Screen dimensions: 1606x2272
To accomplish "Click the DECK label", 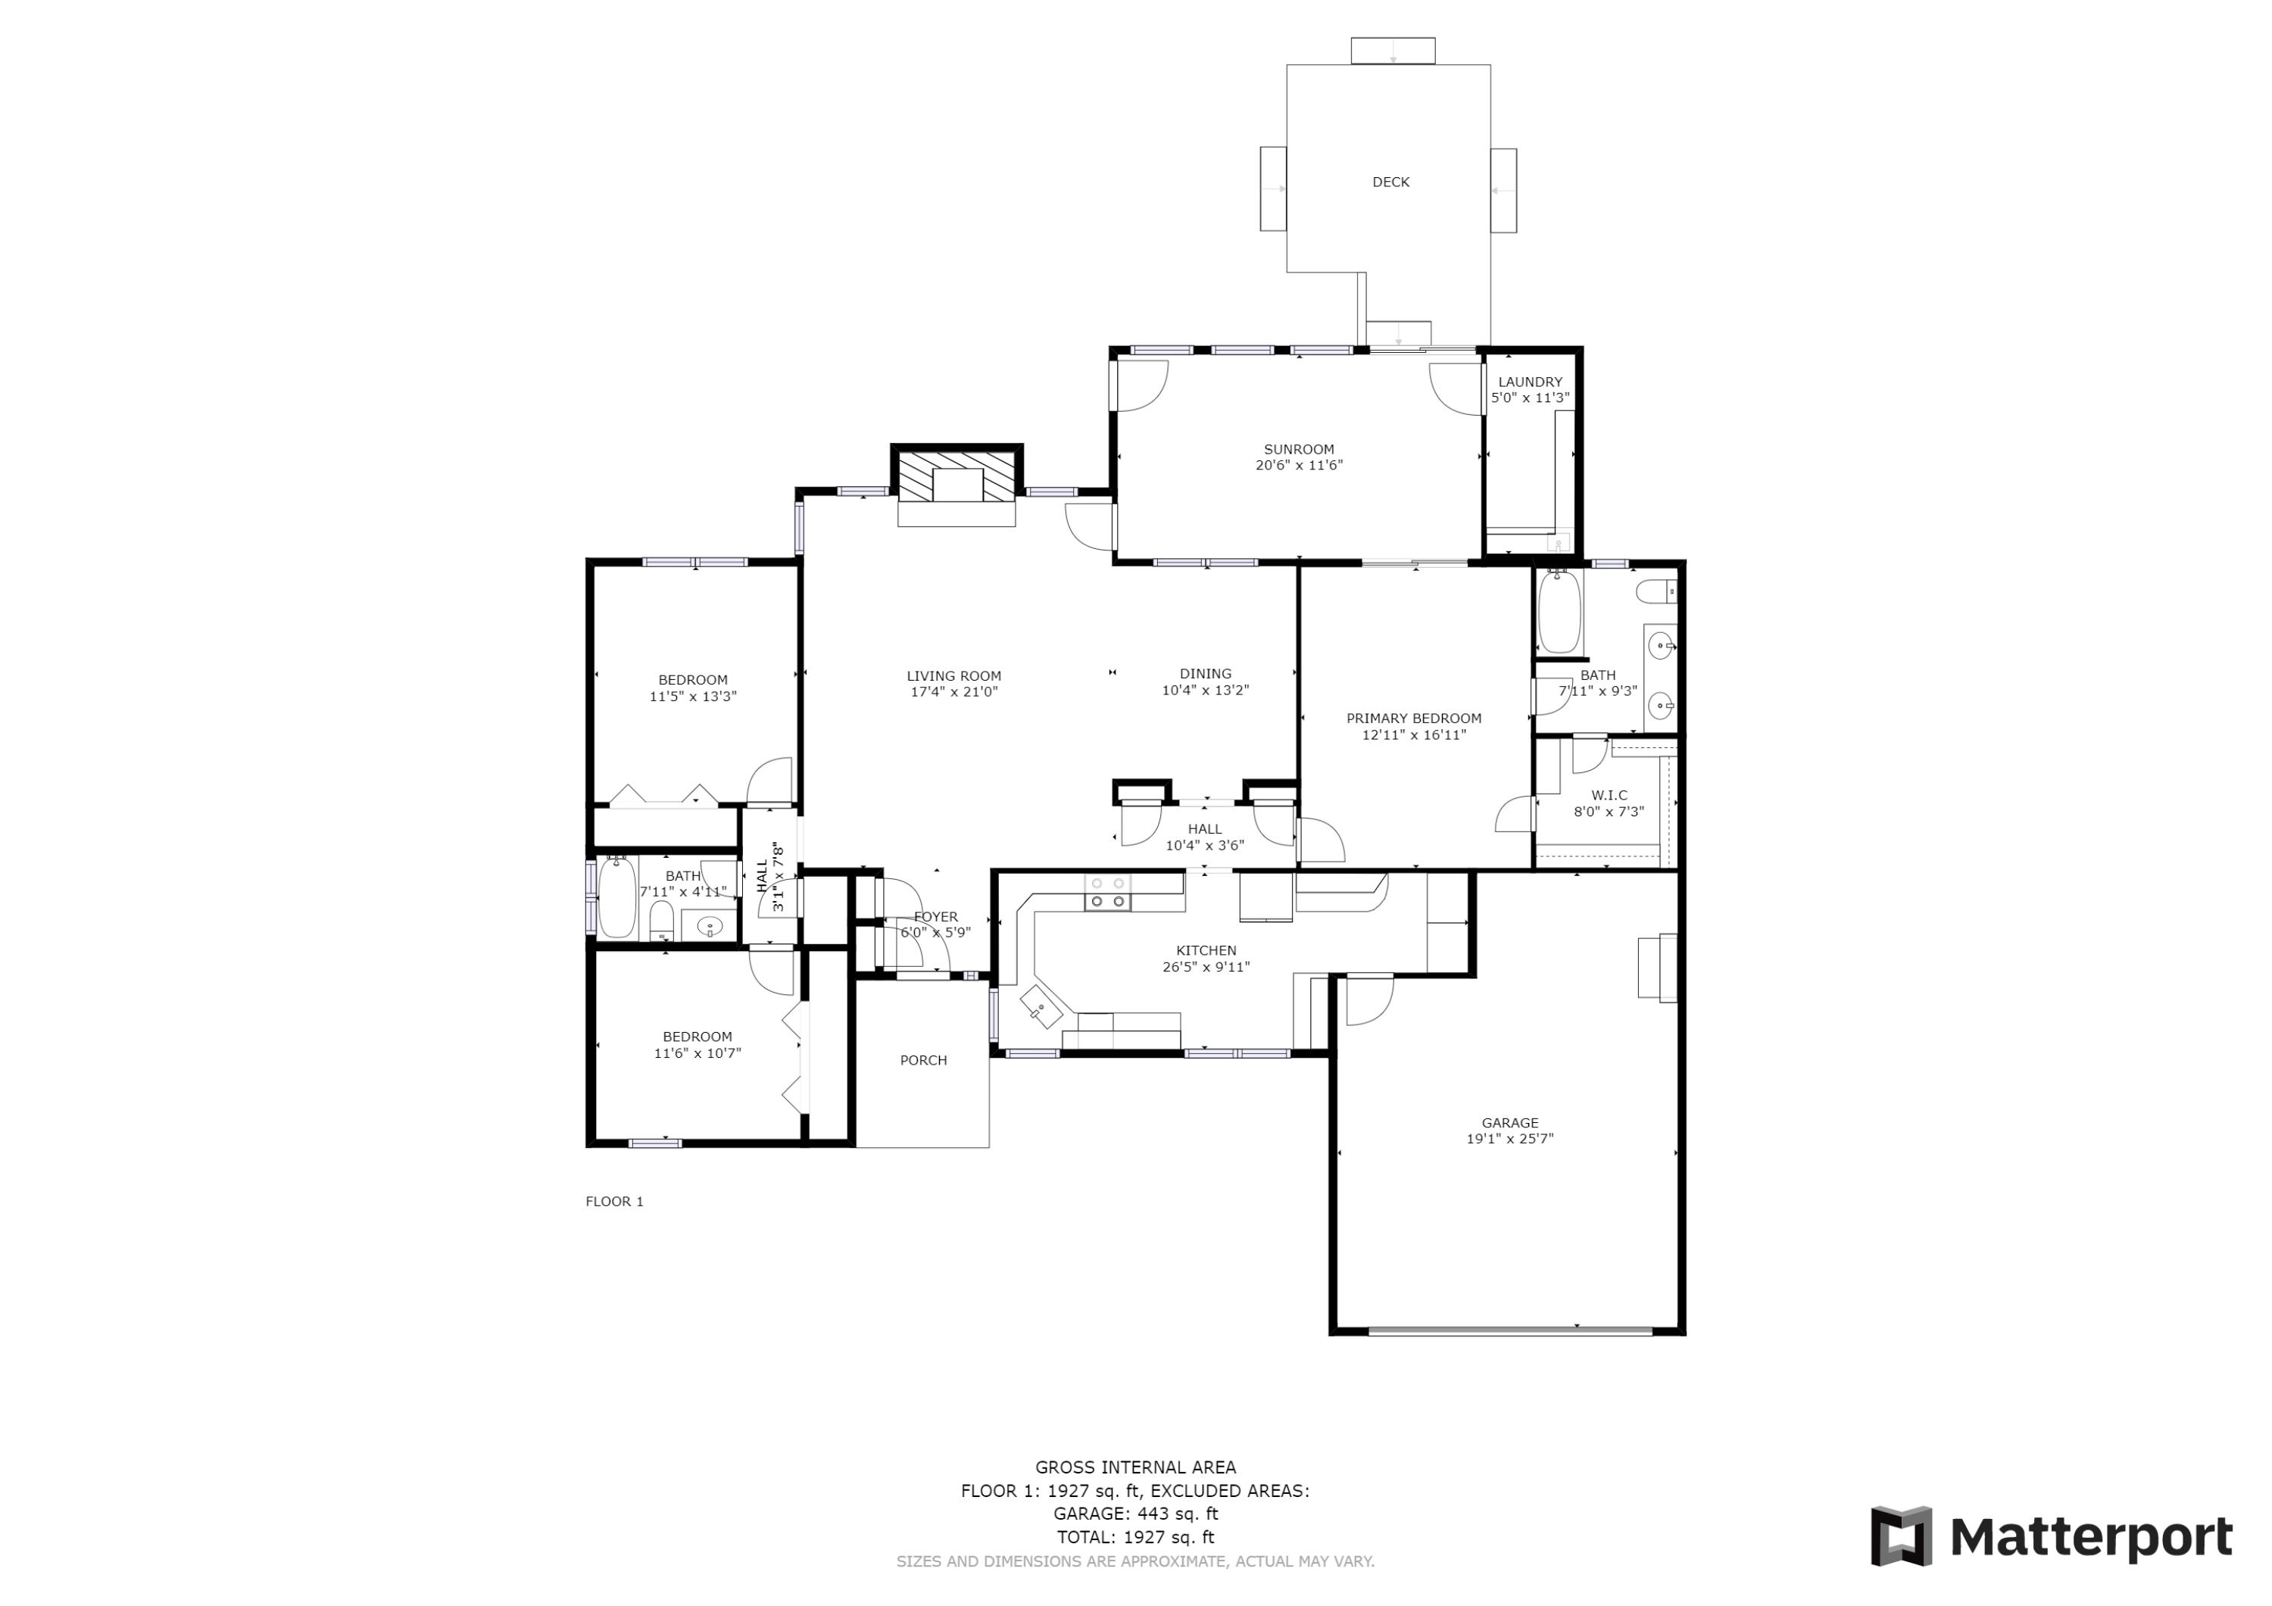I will point(1390,182).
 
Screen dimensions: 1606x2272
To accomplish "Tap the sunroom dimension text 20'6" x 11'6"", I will point(1298,465).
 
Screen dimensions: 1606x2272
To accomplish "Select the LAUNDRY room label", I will point(1530,382).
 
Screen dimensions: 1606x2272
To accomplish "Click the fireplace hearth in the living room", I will point(956,513).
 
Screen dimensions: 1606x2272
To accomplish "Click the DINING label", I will point(1205,674).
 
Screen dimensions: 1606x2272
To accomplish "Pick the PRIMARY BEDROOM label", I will point(1413,719).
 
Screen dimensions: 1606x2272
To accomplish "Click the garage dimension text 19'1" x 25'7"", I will point(1509,1139).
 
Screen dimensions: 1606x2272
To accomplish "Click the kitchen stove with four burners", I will point(1107,893).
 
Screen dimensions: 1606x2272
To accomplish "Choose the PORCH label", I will point(923,1060).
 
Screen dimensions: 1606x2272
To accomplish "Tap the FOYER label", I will point(935,916).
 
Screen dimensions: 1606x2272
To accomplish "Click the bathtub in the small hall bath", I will point(616,897).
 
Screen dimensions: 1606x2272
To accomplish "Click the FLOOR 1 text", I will point(613,1202).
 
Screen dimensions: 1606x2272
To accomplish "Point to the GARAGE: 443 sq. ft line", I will point(1135,1513).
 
